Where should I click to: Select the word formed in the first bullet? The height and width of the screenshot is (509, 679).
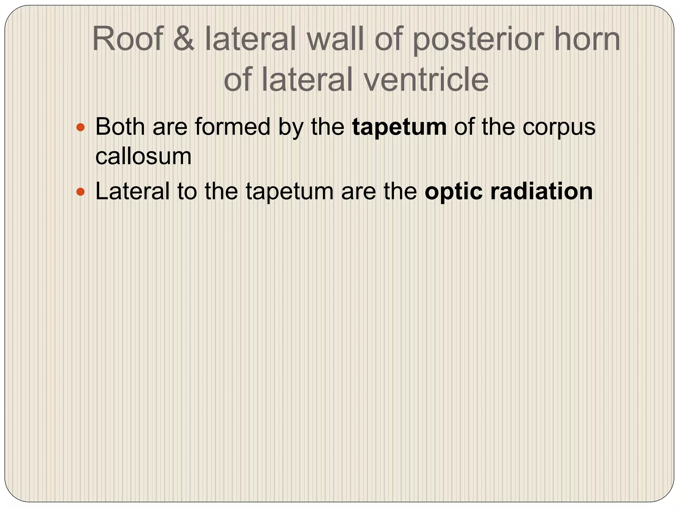pos(232,127)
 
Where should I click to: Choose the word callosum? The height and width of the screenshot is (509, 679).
pos(143,156)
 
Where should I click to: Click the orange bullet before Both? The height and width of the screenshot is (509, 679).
pos(81,127)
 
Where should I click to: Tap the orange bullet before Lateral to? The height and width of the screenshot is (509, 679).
pos(81,192)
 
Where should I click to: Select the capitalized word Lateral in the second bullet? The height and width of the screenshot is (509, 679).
pos(132,191)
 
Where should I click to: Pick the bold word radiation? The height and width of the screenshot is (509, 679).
pos(542,191)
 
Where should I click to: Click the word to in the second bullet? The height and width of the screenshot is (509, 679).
pos(187,192)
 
